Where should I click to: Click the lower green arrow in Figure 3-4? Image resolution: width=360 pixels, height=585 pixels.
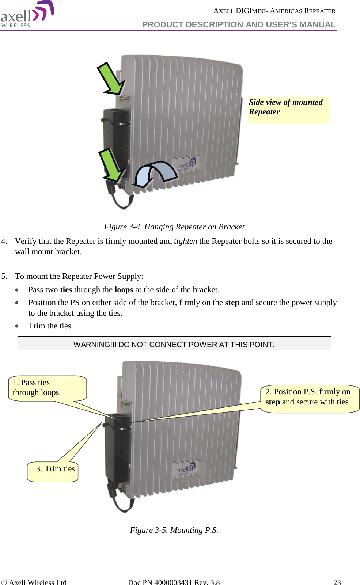pyautogui.click(x=112, y=165)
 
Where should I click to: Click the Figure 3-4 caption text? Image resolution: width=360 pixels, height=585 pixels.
pyautogui.click(x=174, y=227)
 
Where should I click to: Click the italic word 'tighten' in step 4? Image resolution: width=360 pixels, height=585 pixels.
pyautogui.click(x=185, y=241)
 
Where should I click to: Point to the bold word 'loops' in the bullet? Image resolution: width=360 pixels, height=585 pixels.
pyautogui.click(x=124, y=290)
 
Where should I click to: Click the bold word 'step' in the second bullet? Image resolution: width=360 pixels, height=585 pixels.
pyautogui.click(x=232, y=303)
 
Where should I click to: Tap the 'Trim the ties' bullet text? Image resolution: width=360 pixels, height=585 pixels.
pyautogui.click(x=50, y=326)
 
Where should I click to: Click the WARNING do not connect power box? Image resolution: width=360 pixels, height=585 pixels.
pyautogui.click(x=174, y=343)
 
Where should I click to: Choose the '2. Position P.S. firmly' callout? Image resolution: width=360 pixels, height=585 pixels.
pyautogui.click(x=309, y=397)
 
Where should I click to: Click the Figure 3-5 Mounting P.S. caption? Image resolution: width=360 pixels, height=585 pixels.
pyautogui.click(x=174, y=530)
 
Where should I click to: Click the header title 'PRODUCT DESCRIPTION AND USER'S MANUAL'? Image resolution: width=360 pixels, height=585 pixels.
pyautogui.click(x=239, y=24)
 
